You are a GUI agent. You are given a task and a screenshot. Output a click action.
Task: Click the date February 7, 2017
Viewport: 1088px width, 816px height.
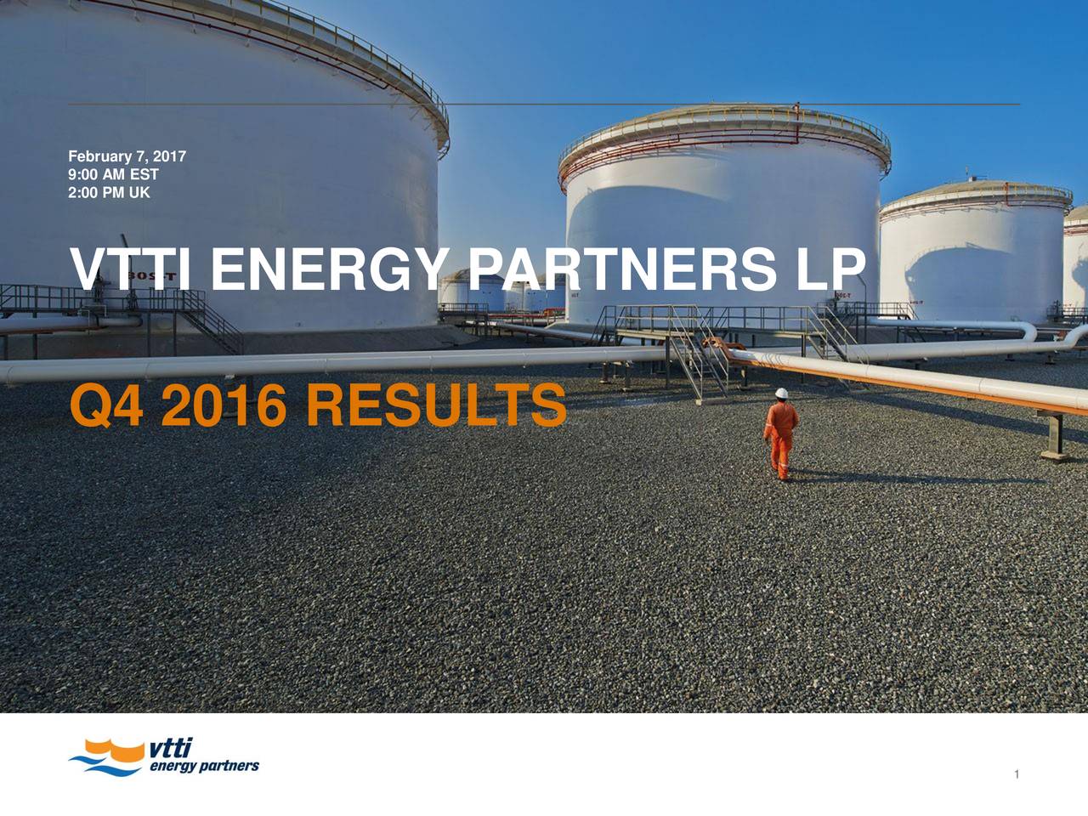pyautogui.click(x=127, y=156)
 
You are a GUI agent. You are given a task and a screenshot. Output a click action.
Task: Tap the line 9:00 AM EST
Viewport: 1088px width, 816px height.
pyautogui.click(x=113, y=174)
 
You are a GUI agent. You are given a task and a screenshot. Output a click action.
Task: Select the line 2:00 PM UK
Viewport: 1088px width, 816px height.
pyautogui.click(x=109, y=192)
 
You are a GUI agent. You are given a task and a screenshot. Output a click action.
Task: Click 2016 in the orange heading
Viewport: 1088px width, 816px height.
pyautogui.click(x=224, y=405)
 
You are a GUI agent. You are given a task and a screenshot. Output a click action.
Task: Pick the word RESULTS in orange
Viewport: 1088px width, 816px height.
pyautogui.click(x=437, y=405)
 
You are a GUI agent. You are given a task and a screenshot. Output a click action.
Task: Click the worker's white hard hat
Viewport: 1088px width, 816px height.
pyautogui.click(x=782, y=393)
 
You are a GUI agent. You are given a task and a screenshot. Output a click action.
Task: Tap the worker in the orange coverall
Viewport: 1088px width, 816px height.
pyautogui.click(x=780, y=434)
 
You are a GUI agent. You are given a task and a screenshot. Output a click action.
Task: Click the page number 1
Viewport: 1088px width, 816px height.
pyautogui.click(x=1017, y=773)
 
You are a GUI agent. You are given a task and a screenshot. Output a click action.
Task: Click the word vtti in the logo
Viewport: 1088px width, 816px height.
pyautogui.click(x=170, y=748)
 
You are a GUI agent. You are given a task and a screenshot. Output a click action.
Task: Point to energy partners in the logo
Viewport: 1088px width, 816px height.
pyautogui.click(x=204, y=767)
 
